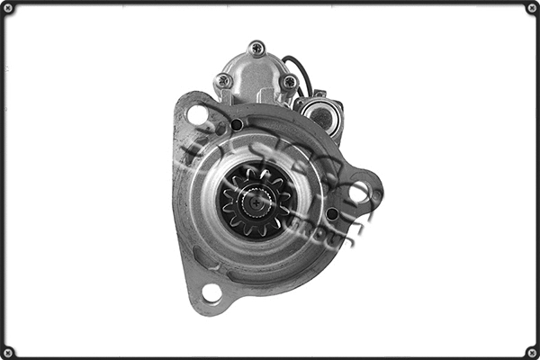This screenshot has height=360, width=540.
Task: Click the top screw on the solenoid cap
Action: (257, 48)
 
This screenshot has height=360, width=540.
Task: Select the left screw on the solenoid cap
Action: (223, 80)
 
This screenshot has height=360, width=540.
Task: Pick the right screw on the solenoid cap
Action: (289, 81)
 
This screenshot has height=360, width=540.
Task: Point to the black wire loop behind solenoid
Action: (301, 72)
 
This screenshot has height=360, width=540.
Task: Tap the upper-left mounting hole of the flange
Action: (197, 114)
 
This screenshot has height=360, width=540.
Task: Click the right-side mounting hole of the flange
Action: (359, 191)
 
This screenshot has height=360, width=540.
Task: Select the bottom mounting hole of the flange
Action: (212, 292)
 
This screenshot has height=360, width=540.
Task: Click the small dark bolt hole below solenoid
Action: (236, 124)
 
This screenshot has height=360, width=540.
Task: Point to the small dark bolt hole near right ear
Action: (331, 213)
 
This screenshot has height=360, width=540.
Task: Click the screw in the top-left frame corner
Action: (8, 8)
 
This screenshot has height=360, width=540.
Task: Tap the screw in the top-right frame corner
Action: (532, 8)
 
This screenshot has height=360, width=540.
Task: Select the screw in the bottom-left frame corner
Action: (8, 352)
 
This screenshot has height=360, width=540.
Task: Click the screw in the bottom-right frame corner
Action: (532, 352)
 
